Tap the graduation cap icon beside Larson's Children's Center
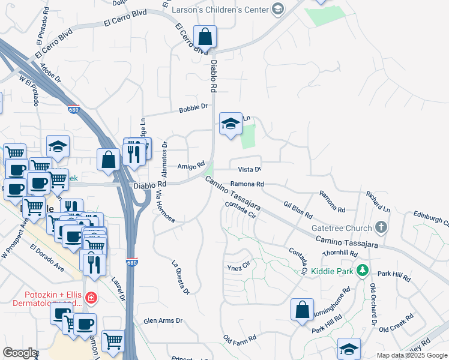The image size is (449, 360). tap(277, 9)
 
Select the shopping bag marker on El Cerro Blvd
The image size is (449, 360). tap(205, 37)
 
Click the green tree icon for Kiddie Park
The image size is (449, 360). tap(361, 271)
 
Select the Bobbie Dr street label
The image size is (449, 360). tap(193, 109)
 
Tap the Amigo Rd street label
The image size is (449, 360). tap(191, 165)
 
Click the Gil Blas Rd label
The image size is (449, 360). tap(298, 209)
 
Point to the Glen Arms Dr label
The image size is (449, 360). tap(162, 321)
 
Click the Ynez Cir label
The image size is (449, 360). tap(237, 268)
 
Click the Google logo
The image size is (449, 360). tap(20, 353)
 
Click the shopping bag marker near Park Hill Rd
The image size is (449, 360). tap(302, 310)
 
